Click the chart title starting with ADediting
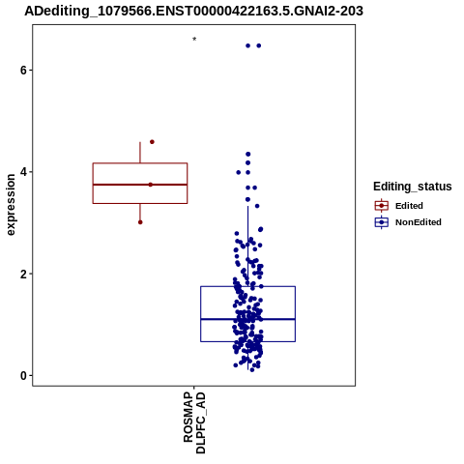point(193,11)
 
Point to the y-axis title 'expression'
point(11,205)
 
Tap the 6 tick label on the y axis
point(23,70)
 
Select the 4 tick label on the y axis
point(23,172)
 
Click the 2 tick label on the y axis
point(23,274)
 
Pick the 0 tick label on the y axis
point(23,376)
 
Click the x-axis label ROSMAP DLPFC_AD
point(194,422)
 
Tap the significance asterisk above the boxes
point(194,39)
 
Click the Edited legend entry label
point(409,206)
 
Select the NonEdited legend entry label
point(419,222)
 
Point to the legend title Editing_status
point(413,187)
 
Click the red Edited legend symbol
point(382,206)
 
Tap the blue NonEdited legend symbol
point(382,222)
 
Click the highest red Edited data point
point(152,142)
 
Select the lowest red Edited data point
point(140,222)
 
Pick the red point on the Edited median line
point(151,185)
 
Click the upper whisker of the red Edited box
point(140,153)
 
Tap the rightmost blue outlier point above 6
point(259,45)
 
